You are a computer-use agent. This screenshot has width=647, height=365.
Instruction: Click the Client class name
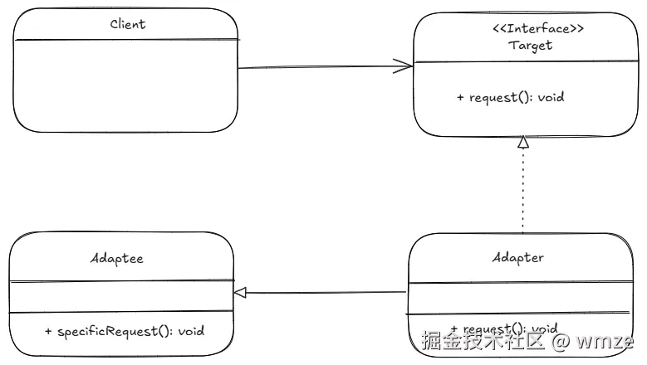[x=128, y=24]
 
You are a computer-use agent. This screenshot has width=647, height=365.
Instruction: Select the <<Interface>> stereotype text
[x=532, y=29]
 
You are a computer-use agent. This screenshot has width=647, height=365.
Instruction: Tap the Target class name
[x=530, y=46]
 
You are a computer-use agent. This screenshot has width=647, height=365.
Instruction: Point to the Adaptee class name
[x=116, y=258]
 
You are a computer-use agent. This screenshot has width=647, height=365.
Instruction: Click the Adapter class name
[x=517, y=257]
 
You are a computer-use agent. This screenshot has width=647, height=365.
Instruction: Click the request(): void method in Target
[x=510, y=97]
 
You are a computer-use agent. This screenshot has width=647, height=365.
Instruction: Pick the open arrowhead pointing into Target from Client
[x=405, y=66]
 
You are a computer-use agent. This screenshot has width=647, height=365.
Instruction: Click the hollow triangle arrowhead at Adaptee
[x=240, y=292]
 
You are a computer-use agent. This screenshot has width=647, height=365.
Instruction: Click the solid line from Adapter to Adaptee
[x=324, y=292]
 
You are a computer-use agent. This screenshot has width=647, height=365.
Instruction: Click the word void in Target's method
[x=551, y=97]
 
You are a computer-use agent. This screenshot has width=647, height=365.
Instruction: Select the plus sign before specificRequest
[x=49, y=331]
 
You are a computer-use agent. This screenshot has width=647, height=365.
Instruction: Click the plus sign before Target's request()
[x=461, y=97]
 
